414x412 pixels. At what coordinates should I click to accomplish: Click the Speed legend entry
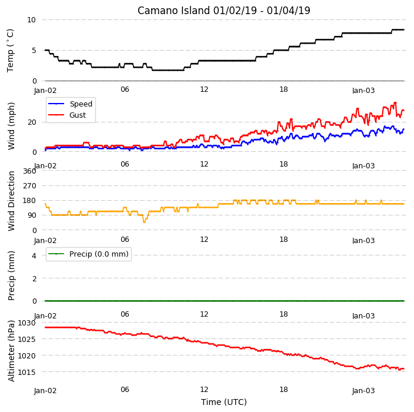click(x=70, y=104)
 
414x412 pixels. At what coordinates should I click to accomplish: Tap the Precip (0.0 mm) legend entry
click(x=88, y=254)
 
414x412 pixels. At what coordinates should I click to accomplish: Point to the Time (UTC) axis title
click(x=224, y=402)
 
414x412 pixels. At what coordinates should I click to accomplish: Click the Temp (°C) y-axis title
click(x=10, y=51)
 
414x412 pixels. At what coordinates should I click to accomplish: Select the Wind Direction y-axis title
click(x=11, y=201)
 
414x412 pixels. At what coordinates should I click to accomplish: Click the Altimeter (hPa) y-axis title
click(x=11, y=351)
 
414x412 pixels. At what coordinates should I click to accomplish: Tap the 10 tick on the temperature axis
click(x=31, y=20)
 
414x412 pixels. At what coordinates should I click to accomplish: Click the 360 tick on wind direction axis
click(x=29, y=171)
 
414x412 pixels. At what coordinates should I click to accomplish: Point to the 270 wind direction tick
click(x=29, y=186)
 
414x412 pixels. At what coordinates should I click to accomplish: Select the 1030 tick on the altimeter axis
click(x=26, y=323)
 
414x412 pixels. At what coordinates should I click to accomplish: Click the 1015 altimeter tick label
click(x=26, y=372)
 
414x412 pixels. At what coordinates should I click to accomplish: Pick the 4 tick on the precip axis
click(x=34, y=255)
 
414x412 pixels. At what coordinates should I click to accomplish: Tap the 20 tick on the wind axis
click(x=32, y=122)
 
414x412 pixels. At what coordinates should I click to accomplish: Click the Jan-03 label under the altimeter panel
click(x=363, y=391)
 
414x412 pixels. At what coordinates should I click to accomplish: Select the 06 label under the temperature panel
click(x=125, y=89)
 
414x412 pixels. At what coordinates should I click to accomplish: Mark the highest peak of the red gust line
click(x=395, y=102)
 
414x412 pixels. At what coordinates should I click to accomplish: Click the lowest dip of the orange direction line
click(x=144, y=222)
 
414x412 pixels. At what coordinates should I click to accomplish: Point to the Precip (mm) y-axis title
click(x=11, y=275)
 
